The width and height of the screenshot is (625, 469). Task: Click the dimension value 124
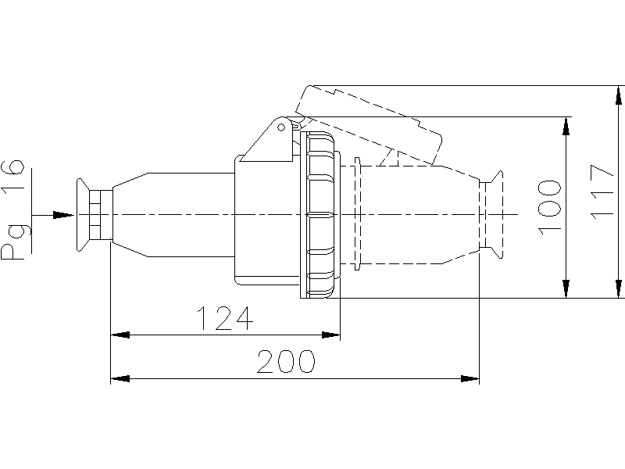pyautogui.click(x=225, y=318)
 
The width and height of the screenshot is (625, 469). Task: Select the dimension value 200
pyautogui.click(x=286, y=361)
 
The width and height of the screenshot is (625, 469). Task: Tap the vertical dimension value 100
pyautogui.click(x=549, y=207)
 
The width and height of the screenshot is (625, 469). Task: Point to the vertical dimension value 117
pyautogui.click(x=602, y=192)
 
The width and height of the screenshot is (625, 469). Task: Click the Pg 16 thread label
pyautogui.click(x=12, y=209)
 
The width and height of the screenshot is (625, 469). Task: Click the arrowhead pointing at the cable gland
pyautogui.click(x=63, y=215)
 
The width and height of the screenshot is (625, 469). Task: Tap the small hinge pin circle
pyautogui.click(x=281, y=127)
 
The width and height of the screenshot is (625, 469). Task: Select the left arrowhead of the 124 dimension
pyautogui.click(x=120, y=335)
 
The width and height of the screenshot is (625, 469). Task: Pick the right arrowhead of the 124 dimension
pyautogui.click(x=330, y=335)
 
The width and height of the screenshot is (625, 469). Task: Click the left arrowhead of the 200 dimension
pyautogui.click(x=120, y=378)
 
